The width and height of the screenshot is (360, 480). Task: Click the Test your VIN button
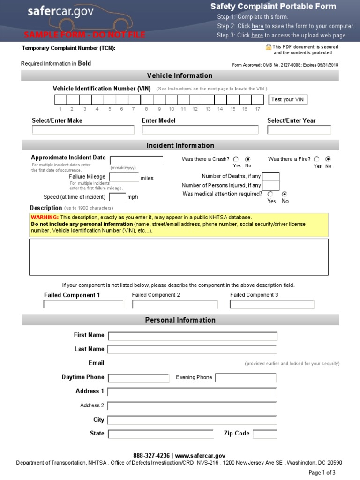(289, 99)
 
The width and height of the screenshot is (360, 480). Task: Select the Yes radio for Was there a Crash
(236, 159)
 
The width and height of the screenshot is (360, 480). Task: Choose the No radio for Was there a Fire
(328, 159)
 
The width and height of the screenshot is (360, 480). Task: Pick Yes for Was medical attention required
(270, 194)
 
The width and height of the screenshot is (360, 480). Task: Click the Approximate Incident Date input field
(136, 160)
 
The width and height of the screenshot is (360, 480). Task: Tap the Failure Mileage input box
(124, 177)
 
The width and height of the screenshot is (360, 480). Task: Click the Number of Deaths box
(271, 177)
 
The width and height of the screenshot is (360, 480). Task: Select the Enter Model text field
(200, 130)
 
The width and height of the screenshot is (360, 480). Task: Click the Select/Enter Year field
(299, 130)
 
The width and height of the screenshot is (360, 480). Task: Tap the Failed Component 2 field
(175, 305)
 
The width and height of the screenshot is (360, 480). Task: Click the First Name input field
(193, 336)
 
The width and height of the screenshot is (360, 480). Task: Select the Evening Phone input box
(246, 378)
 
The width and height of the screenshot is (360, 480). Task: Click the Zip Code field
(265, 434)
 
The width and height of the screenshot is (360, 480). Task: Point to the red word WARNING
(45, 217)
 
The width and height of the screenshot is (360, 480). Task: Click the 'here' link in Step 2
(257, 26)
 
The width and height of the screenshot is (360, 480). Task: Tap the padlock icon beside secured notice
(269, 47)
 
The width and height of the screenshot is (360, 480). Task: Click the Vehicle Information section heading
(180, 76)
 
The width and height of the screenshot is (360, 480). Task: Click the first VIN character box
(60, 99)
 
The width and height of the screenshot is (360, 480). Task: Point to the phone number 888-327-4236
(151, 456)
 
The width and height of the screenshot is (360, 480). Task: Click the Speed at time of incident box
(117, 197)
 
